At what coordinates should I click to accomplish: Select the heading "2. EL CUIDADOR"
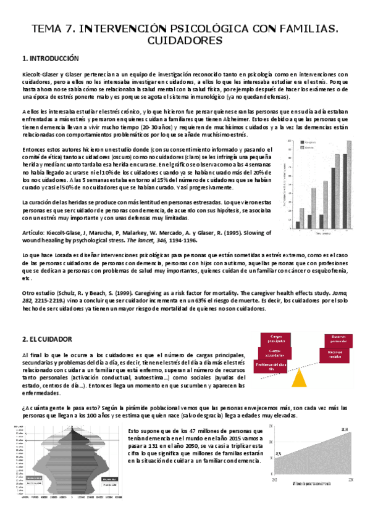click(47, 339)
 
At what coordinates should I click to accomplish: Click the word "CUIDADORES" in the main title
click(185, 41)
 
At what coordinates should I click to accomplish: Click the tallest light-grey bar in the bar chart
click(349, 185)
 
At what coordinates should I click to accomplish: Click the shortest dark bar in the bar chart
click(298, 224)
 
